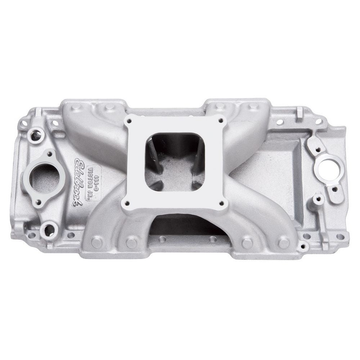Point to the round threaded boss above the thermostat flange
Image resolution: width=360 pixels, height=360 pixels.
(36, 135)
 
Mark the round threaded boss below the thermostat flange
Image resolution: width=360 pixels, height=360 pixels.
(49, 229)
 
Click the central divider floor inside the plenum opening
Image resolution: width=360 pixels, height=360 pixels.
(175, 173)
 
